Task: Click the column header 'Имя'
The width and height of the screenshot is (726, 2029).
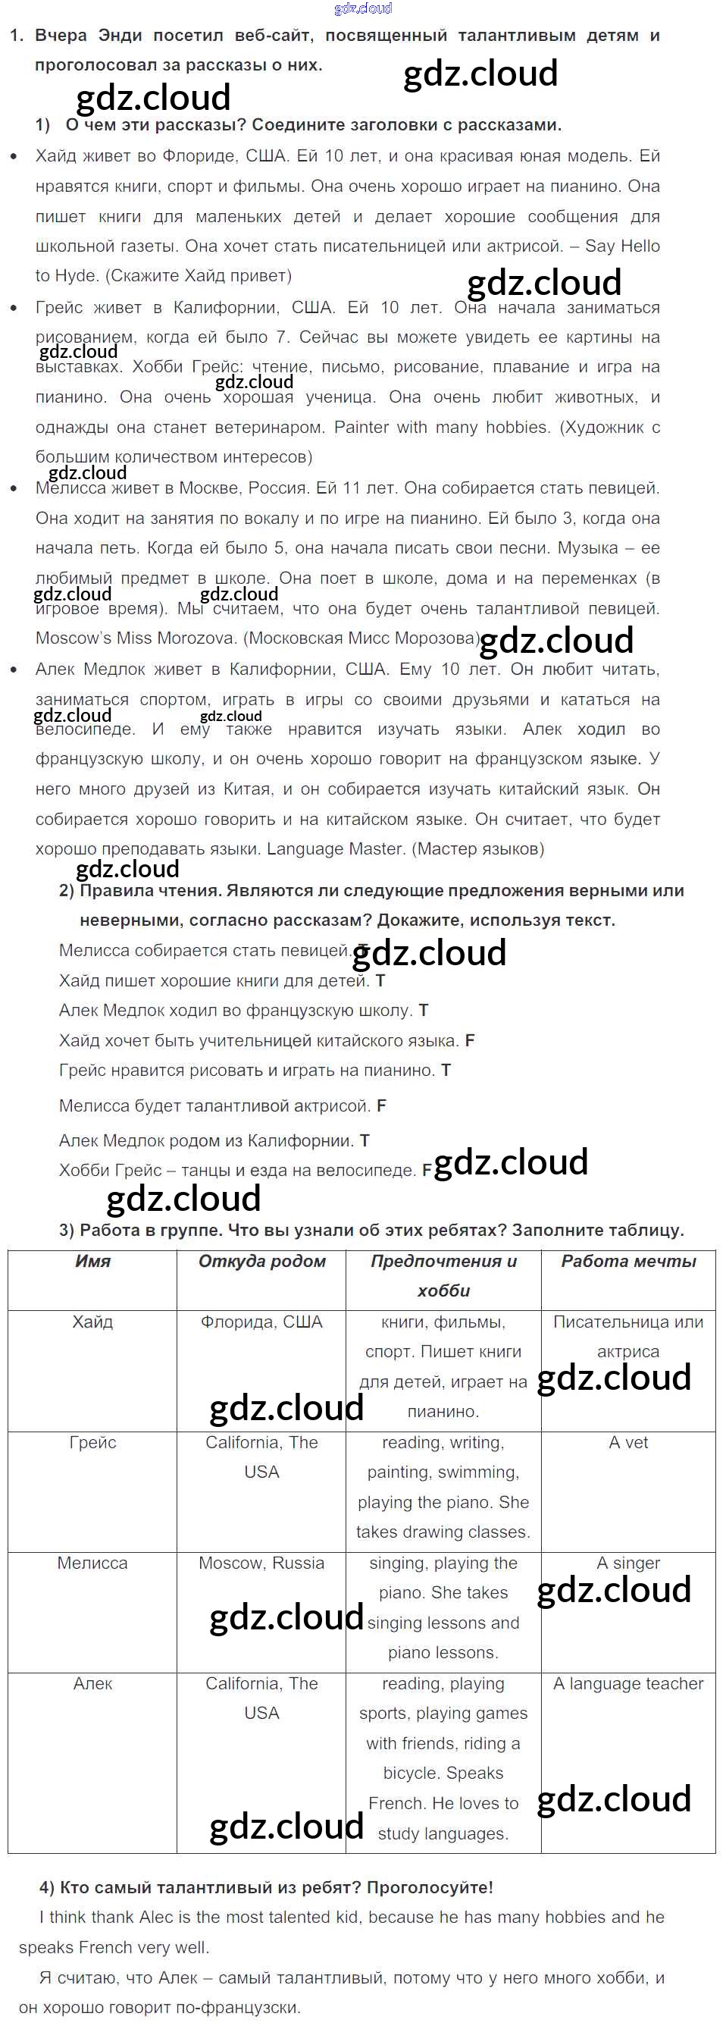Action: coord(92,1261)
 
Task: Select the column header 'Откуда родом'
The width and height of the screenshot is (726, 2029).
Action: coord(261,1261)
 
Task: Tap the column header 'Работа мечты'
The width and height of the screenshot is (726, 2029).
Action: coord(628,1261)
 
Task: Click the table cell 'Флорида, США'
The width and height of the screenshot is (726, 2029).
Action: coord(261,1322)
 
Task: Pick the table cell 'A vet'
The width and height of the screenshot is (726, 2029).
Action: coord(628,1442)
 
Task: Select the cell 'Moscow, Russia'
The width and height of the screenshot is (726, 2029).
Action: coord(261,1563)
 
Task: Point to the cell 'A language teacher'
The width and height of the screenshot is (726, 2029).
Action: coord(628,1683)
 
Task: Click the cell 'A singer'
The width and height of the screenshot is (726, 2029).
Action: coord(628,1563)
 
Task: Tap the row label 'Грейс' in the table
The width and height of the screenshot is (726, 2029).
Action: coord(92,1442)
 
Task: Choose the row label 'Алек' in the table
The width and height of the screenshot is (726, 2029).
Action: coord(92,1683)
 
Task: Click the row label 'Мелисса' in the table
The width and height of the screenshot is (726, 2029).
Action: coord(92,1563)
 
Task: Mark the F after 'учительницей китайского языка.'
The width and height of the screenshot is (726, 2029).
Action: coord(470,1040)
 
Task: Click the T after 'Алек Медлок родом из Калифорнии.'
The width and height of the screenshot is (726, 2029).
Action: coord(365,1140)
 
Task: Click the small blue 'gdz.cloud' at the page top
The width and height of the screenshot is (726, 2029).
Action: coord(363,8)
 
